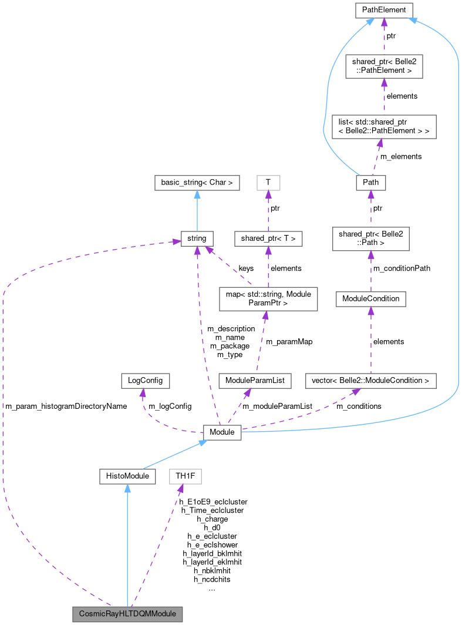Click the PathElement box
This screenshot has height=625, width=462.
click(x=385, y=10)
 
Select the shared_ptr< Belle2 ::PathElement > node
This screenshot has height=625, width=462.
click(x=385, y=65)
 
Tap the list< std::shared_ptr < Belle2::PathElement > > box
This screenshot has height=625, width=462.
click(x=384, y=127)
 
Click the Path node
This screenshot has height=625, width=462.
click(x=371, y=182)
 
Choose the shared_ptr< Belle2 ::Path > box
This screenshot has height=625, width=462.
click(x=370, y=237)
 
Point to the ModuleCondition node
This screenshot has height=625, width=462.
click(x=370, y=298)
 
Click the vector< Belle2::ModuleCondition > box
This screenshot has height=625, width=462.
click(x=370, y=381)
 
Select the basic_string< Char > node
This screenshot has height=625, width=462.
click(x=197, y=183)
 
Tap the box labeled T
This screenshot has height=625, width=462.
click(x=268, y=183)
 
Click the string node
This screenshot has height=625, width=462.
click(x=197, y=238)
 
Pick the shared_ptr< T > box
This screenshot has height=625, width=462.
click(x=268, y=238)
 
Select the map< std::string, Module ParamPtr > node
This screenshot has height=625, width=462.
click(x=268, y=298)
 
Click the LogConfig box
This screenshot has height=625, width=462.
click(x=145, y=381)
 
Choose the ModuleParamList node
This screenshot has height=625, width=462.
click(x=254, y=381)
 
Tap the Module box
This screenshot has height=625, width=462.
click(x=222, y=432)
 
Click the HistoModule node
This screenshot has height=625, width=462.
click(x=127, y=476)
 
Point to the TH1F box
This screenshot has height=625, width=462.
click(x=185, y=476)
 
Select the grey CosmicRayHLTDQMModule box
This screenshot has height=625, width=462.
click(x=127, y=614)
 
